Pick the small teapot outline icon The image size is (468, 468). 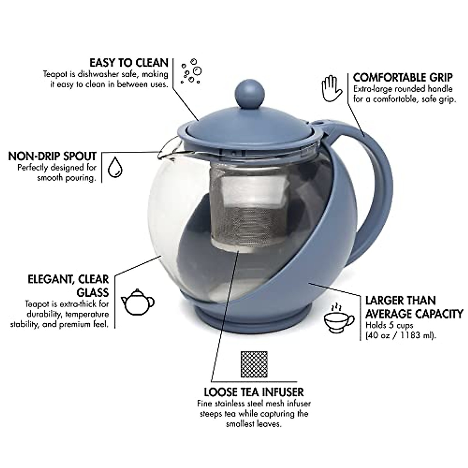pyautogui.click(x=137, y=301)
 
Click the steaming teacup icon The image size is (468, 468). pyautogui.click(x=339, y=318)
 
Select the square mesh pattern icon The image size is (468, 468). pyautogui.click(x=254, y=365)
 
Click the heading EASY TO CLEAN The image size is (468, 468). pyautogui.click(x=129, y=63)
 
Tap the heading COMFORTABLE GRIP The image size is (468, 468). pyautogui.click(x=402, y=77)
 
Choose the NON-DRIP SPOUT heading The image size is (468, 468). pyautogui.click(x=52, y=156)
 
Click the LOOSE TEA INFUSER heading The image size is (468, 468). pyautogui.click(x=253, y=392)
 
